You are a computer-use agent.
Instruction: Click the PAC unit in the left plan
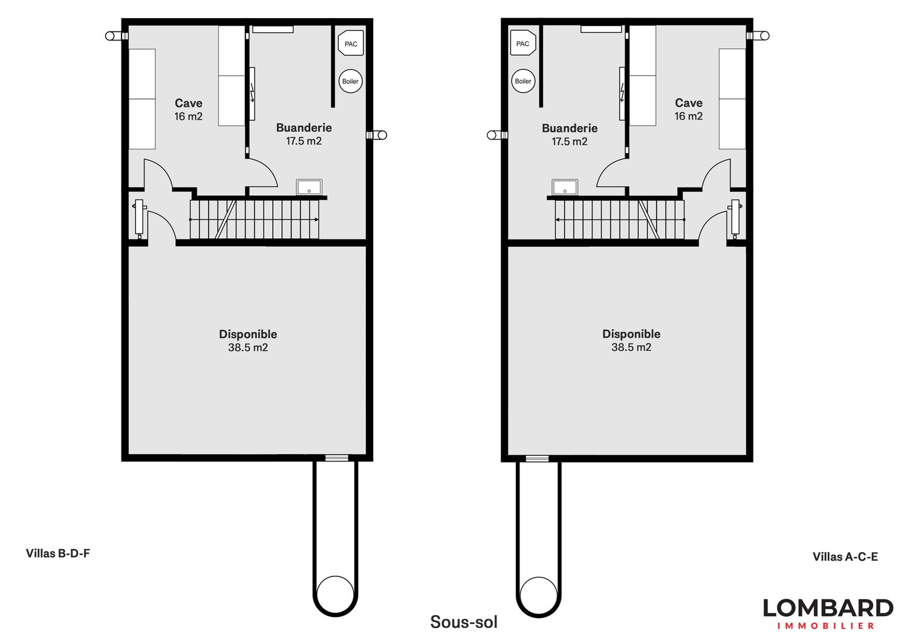(x=351, y=44)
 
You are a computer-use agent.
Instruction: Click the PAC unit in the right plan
(x=523, y=44)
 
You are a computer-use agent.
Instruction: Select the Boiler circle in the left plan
(x=351, y=81)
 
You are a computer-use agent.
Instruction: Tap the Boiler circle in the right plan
(x=523, y=81)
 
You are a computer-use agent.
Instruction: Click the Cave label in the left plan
(x=189, y=103)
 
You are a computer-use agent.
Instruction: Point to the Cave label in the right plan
(x=689, y=103)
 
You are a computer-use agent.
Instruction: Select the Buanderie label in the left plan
(x=304, y=128)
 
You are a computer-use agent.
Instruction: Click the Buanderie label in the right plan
(x=570, y=128)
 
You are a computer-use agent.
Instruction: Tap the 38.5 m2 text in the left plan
(x=248, y=348)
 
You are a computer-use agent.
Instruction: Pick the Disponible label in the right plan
(x=631, y=334)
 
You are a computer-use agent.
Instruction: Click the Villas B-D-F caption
(x=58, y=553)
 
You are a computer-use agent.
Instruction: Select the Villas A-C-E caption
(x=845, y=557)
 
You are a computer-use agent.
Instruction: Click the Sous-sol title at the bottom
(x=464, y=622)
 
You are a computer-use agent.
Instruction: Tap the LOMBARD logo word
(x=828, y=608)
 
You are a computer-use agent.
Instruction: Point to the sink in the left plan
(x=309, y=187)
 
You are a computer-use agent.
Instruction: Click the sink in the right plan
(x=565, y=187)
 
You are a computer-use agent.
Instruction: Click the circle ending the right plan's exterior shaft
(x=539, y=594)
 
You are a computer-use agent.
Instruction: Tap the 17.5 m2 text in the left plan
(x=304, y=142)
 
